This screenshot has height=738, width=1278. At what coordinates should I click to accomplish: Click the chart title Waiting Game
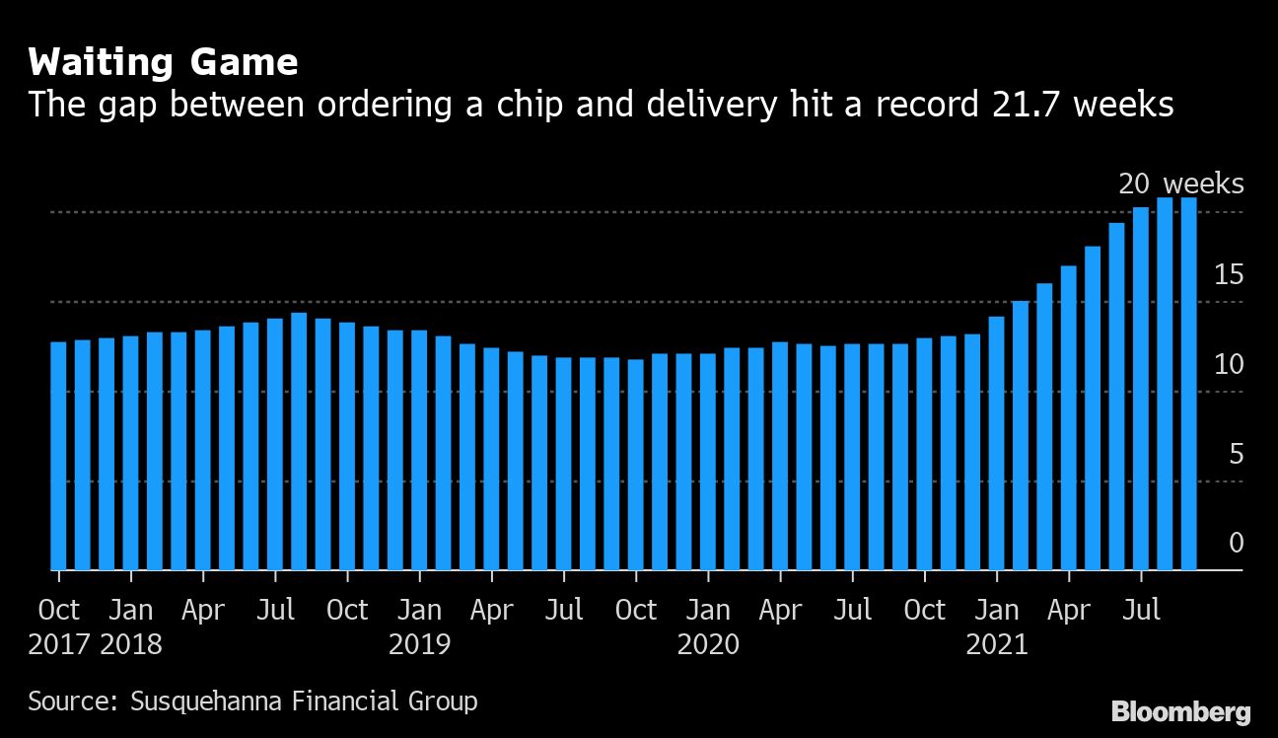pos(163,63)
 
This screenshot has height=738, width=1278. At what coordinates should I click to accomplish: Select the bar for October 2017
pos(58,456)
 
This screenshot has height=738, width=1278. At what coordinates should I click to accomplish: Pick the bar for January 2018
pos(130,454)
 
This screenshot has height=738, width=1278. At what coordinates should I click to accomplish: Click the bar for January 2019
pos(419,450)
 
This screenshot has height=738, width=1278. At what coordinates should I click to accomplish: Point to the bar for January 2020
pos(708,462)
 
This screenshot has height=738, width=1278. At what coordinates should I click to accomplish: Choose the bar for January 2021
pos(997,443)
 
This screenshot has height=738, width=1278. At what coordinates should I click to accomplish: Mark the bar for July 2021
pos(1141,389)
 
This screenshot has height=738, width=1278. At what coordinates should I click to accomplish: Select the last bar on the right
pos(1189,384)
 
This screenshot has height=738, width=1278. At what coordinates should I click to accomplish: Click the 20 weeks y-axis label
pos(1180,184)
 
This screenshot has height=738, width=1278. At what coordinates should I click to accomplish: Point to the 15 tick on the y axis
pos(1229,274)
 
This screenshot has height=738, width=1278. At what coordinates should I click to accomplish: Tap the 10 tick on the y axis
pos(1229,364)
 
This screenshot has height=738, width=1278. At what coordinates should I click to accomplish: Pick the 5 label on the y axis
pos(1236,454)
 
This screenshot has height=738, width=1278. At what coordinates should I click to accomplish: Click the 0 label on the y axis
pos(1236,544)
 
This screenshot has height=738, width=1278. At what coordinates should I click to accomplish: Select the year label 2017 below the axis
pos(59,645)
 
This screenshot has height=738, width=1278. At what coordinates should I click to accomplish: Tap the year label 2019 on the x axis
pos(419,645)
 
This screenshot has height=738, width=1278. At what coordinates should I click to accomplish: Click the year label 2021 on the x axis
pos(997,645)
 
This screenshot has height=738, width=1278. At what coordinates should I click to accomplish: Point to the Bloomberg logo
pos(1181,711)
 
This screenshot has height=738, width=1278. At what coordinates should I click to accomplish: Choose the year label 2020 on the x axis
pos(708,645)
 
